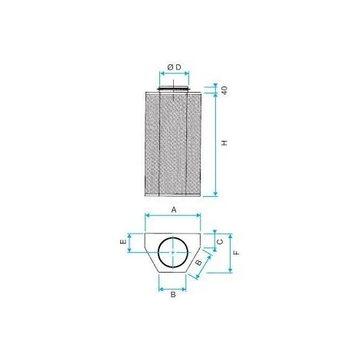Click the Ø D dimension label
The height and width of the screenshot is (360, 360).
pyautogui.click(x=174, y=67)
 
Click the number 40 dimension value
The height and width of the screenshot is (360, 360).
pyautogui.click(x=224, y=90)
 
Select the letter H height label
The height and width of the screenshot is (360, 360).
pyautogui.click(x=224, y=142)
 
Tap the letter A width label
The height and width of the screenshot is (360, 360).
pyautogui.click(x=174, y=210)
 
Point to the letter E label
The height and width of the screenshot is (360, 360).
pyautogui.click(x=123, y=241)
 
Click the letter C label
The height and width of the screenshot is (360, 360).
pyautogui.click(x=220, y=241)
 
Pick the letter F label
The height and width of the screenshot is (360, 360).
pyautogui.click(x=237, y=253)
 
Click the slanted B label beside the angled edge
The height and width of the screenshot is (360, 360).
pyautogui.click(x=198, y=262)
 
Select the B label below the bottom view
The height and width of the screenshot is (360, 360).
pyautogui.click(x=173, y=294)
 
